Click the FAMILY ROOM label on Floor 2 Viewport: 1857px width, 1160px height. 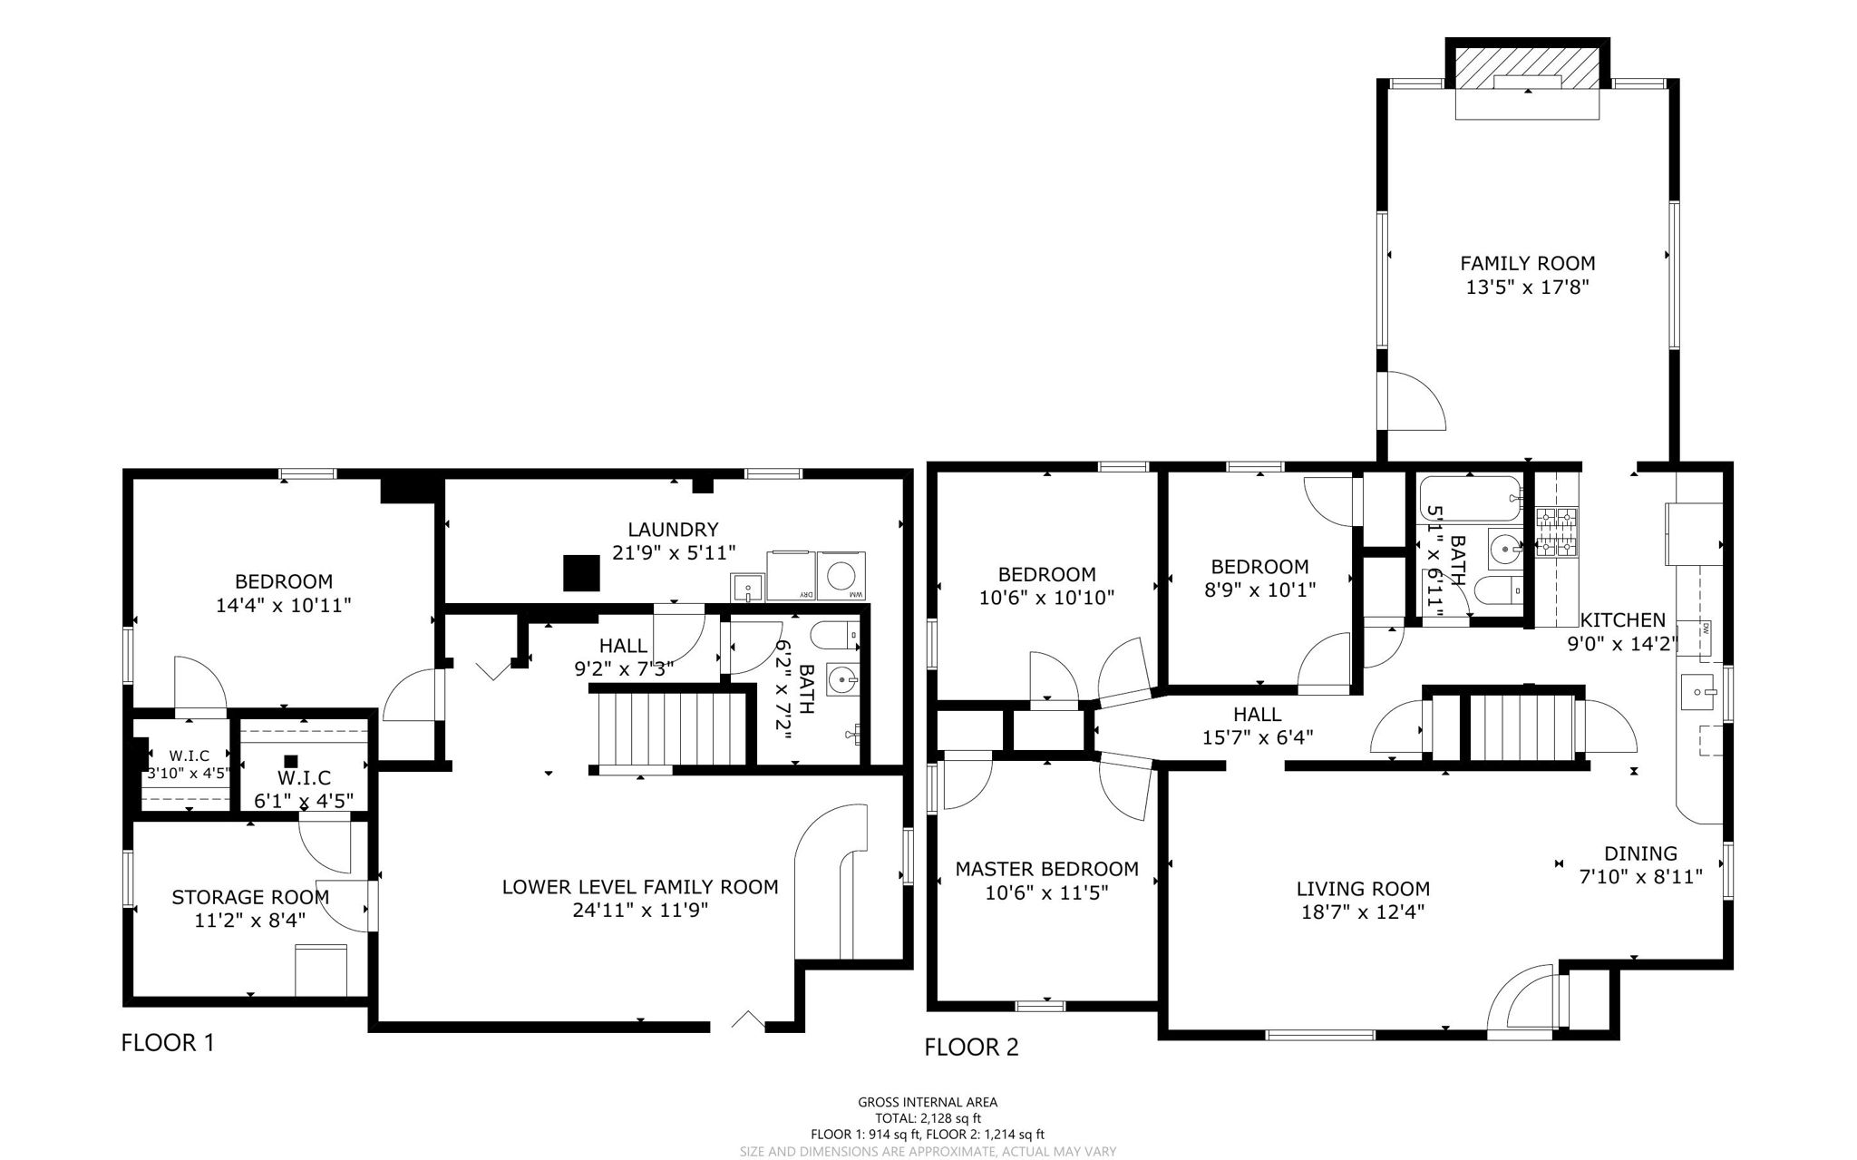click(x=1527, y=263)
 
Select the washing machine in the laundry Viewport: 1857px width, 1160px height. click(x=842, y=576)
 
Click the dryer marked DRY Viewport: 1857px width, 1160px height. click(x=791, y=576)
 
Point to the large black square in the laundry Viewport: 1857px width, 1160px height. click(x=581, y=573)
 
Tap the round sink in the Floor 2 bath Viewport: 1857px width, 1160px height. click(x=1506, y=548)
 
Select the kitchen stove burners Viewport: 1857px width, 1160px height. click(x=1556, y=532)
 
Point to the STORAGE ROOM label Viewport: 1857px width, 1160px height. click(x=250, y=897)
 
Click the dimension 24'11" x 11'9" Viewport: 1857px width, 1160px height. click(x=640, y=911)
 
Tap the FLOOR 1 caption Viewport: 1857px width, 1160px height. click(x=168, y=1042)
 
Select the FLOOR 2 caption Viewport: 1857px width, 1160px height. click(x=971, y=1048)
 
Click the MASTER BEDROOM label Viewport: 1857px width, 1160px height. click(x=1046, y=869)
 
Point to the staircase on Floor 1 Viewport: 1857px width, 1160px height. click(x=671, y=730)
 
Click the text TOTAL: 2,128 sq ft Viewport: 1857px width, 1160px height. click(x=927, y=1118)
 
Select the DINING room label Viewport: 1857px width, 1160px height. click(x=1640, y=853)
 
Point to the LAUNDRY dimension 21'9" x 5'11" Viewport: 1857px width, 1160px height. click(x=673, y=552)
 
